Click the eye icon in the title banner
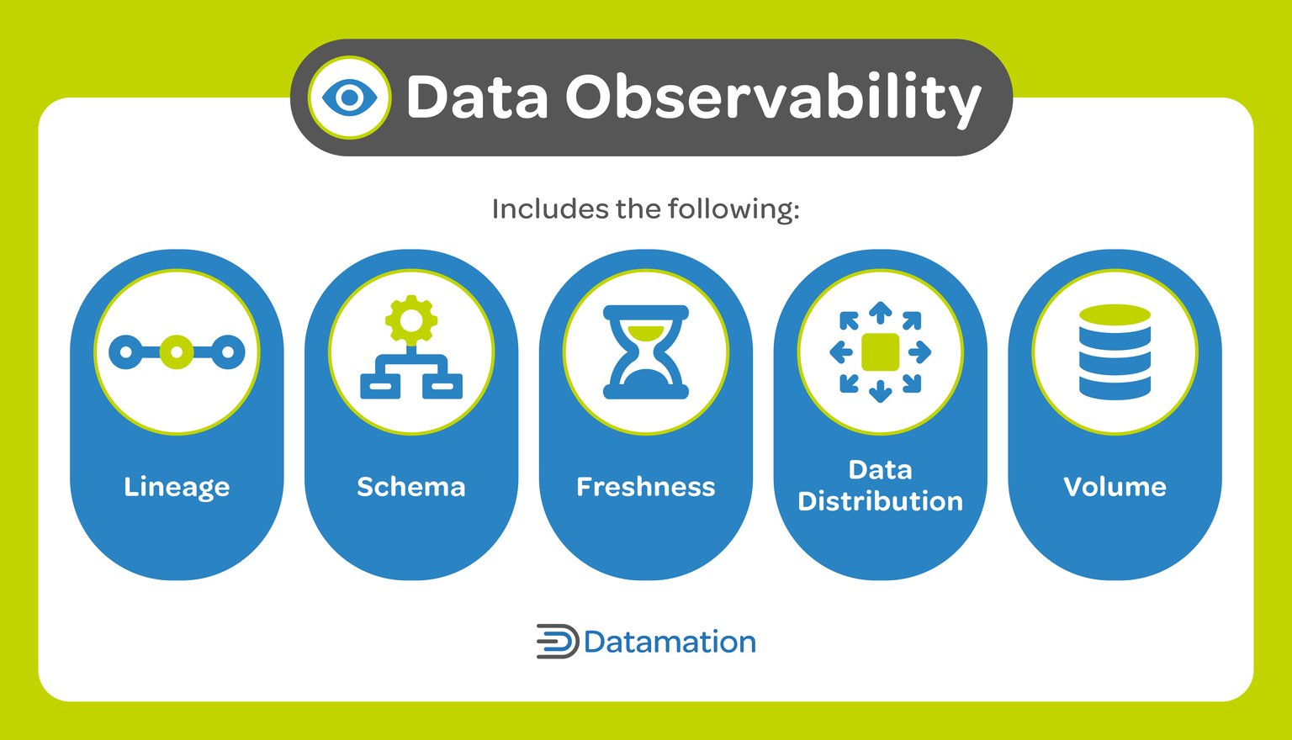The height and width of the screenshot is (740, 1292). point(349,98)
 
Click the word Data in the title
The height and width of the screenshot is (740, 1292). point(477,98)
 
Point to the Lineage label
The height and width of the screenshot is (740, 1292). point(177,487)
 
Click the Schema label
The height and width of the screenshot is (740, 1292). point(410,487)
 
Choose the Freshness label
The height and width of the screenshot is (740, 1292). point(645,487)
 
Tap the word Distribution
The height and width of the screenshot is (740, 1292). point(880,501)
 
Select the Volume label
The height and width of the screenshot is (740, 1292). point(1115,487)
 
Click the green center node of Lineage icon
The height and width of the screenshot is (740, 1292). point(177,352)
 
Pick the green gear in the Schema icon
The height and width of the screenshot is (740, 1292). point(411,320)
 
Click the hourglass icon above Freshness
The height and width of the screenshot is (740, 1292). point(646,351)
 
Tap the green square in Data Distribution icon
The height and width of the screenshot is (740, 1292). point(881,352)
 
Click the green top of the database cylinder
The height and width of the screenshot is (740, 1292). point(1115,315)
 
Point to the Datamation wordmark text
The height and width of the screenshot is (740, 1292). point(670,642)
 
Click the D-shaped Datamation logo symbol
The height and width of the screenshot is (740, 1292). point(557,642)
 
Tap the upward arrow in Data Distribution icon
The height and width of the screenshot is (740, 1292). point(881,313)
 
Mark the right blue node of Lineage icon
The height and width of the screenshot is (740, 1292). point(227,352)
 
